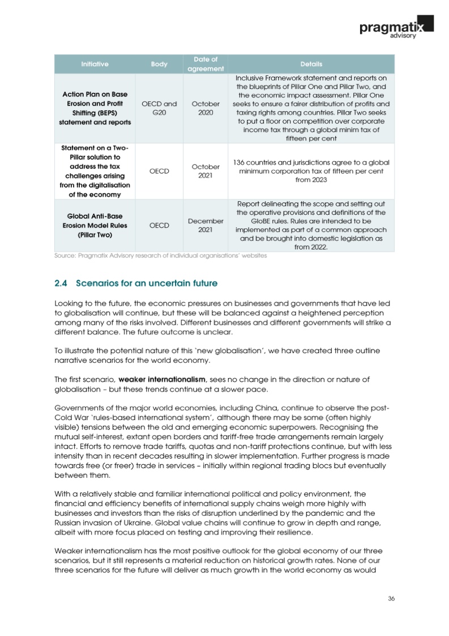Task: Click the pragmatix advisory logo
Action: tap(396, 26)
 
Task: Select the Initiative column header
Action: tap(95, 64)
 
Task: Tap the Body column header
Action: tap(159, 64)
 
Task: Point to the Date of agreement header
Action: tap(206, 64)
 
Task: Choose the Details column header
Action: tap(311, 64)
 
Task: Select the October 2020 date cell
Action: tap(206, 109)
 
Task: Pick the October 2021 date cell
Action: tap(206, 171)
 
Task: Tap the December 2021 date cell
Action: tap(206, 225)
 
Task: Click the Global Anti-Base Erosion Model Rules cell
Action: tap(95, 225)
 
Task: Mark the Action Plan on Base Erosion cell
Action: tap(95, 108)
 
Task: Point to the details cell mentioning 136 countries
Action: tap(311, 171)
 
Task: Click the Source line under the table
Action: tap(160, 256)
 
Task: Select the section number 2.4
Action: tap(61, 282)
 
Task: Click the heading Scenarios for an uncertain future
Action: tap(147, 282)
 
